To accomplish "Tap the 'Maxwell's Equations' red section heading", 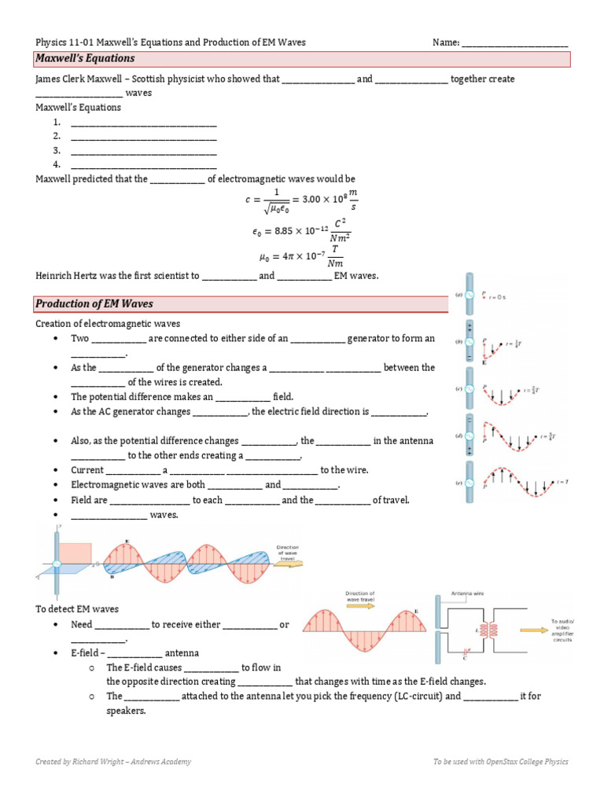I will click(85, 59).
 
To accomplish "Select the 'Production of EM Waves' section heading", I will click(94, 303).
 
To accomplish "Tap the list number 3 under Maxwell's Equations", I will click(57, 150).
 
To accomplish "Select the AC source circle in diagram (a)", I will click(469, 296).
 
